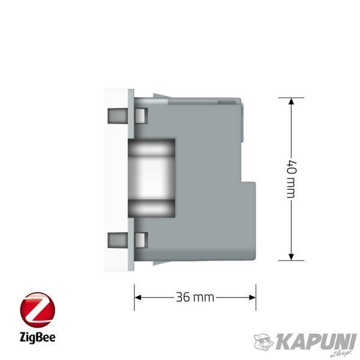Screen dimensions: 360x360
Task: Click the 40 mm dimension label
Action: pyautogui.click(x=292, y=179)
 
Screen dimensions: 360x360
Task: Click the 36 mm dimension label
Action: pyautogui.click(x=195, y=298)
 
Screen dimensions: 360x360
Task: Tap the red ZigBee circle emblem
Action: pyautogui.click(x=37, y=310)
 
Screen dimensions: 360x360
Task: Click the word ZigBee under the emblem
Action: pyautogui.click(x=37, y=338)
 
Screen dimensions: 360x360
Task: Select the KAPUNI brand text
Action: pyautogui.click(x=316, y=341)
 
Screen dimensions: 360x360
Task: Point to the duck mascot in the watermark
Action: pyautogui.click(x=264, y=342)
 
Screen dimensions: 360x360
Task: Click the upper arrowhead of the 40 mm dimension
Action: pyautogui.click(x=291, y=101)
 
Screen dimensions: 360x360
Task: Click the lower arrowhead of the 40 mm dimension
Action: pyautogui.click(x=291, y=257)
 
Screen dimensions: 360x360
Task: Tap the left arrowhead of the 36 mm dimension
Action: pyautogui.click(x=138, y=298)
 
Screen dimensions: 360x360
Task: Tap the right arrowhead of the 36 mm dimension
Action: pyautogui.click(x=253, y=298)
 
